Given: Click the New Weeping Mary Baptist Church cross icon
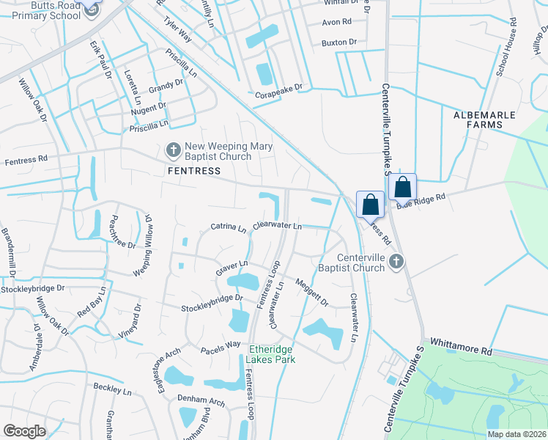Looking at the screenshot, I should tap(174, 151).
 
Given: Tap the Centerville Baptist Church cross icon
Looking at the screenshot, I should tap(396, 262).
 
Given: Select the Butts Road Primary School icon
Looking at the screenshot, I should tap(92, 10).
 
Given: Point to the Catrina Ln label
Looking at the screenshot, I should tap(229, 227).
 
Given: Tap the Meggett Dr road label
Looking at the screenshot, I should tap(312, 293).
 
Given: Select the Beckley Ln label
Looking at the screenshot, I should tap(112, 390).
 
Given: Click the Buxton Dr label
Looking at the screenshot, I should tap(338, 43).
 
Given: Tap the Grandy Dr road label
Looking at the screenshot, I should tap(166, 87).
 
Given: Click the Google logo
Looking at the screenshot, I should tap(24, 432).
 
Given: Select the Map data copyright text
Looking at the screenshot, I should tap(516, 434).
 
